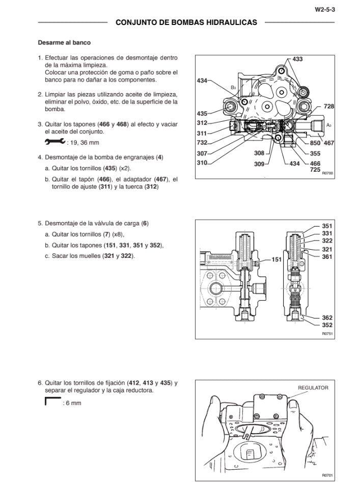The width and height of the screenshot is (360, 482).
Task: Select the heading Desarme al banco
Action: point(64,43)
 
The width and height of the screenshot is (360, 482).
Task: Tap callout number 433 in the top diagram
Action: point(297,60)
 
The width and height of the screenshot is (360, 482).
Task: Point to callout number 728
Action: point(328,106)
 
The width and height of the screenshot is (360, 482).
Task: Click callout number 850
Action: point(315,143)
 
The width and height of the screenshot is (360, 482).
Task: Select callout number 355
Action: point(315,153)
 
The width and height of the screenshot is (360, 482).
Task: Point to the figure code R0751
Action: point(327,333)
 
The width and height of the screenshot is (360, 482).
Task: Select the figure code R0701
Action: point(327,475)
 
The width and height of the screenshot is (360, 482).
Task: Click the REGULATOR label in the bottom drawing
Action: point(313,388)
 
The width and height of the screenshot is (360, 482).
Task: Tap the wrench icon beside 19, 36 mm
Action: point(55,142)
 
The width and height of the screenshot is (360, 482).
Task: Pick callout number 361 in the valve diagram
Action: point(327,256)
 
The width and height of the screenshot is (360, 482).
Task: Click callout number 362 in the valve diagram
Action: point(327,317)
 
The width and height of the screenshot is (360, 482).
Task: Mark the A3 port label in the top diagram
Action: point(328,125)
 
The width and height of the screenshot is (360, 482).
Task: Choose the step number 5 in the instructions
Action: point(40,224)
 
